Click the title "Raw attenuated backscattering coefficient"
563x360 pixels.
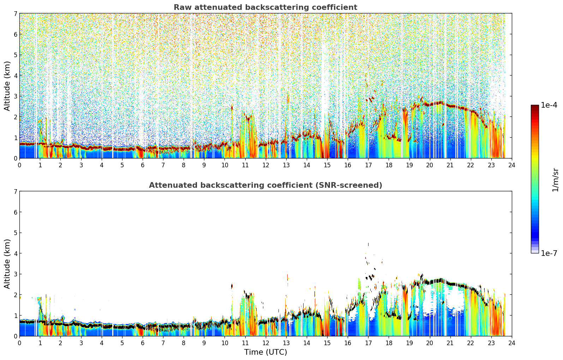(265, 7)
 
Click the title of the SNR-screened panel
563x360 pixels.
(265, 185)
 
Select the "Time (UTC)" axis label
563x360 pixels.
(265, 352)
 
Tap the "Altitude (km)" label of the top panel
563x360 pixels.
(7, 86)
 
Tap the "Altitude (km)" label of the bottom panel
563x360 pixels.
(7, 264)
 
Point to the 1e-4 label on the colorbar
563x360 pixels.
(549, 105)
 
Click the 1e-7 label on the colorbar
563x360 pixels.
(549, 253)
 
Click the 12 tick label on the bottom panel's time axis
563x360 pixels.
(266, 343)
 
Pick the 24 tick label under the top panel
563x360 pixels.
(512, 165)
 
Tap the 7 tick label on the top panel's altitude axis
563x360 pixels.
(16, 13)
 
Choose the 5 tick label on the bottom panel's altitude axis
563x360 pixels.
(16, 233)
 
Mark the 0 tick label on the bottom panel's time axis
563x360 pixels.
(20, 343)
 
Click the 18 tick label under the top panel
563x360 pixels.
(389, 165)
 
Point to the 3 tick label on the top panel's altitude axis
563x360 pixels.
(16, 96)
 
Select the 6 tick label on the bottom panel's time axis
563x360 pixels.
(143, 343)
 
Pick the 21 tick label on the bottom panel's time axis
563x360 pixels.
(450, 343)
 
